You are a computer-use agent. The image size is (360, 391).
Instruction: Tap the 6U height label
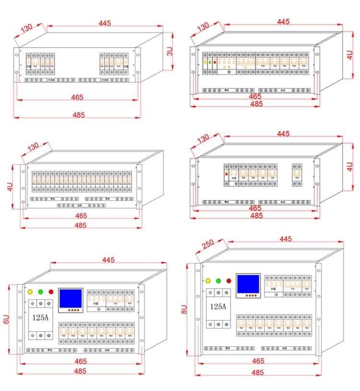point(6,319)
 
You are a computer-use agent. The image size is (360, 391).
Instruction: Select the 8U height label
point(184,309)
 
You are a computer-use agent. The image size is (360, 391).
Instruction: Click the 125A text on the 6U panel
point(41,317)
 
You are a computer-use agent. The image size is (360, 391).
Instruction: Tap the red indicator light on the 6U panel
point(51,292)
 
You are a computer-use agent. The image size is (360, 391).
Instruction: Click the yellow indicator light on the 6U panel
point(30,292)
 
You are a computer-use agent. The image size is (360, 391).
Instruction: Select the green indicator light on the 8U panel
point(218,281)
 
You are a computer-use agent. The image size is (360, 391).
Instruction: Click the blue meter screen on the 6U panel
point(71,299)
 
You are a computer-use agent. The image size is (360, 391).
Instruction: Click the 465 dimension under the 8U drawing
point(258,361)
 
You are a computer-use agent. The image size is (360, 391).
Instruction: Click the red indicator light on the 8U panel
point(228,281)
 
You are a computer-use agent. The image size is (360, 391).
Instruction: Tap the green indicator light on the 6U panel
point(41,292)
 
